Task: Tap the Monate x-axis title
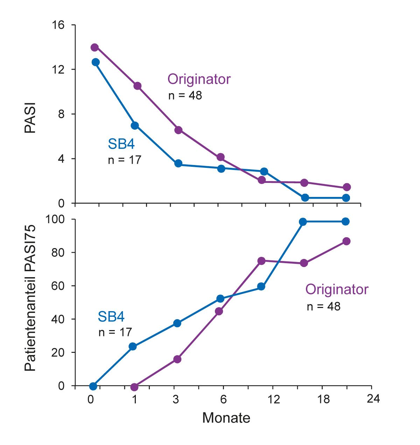pos(226,418)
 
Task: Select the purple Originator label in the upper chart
pos(199,79)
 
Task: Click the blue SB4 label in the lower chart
pos(111,317)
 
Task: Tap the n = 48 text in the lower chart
pos(323,306)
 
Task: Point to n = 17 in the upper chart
pos(124,160)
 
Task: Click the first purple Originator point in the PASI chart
pos(94,47)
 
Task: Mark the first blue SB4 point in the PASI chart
pos(96,62)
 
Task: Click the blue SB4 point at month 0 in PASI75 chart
pos(93,386)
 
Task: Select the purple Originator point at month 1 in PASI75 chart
pos(134,387)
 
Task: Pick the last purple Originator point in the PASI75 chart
pos(346,241)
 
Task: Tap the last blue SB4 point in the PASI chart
pos(346,198)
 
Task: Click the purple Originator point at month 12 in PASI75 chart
pos(261,261)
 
